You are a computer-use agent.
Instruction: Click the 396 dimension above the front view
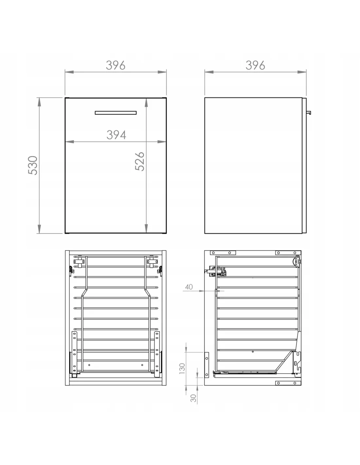tap(116, 65)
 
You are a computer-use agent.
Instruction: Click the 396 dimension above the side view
tap(255, 65)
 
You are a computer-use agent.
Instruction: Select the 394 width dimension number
tap(116, 135)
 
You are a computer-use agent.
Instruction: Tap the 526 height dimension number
tap(140, 161)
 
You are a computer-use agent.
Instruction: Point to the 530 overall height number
tap(33, 165)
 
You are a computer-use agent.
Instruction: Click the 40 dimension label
tap(189, 287)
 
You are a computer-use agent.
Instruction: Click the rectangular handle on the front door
tap(116, 113)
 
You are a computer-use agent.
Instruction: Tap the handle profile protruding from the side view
tap(309, 112)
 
